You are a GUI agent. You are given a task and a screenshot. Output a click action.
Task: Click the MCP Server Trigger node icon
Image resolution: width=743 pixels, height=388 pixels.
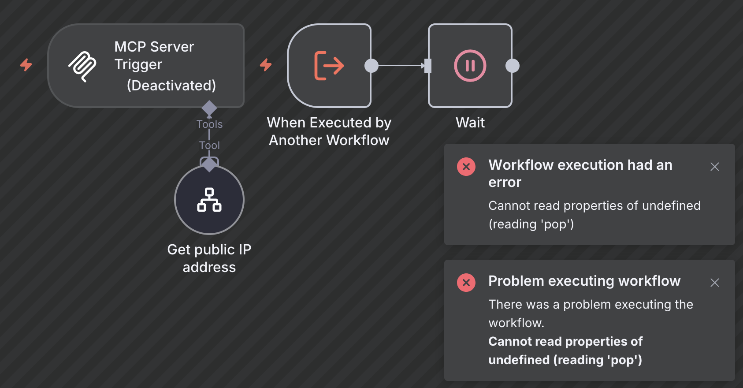tap(82, 67)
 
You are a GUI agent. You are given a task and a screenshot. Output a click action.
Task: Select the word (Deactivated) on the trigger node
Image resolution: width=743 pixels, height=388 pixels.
tap(171, 86)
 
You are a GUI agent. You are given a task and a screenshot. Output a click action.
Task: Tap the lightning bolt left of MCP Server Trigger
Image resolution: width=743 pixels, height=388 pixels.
tap(26, 65)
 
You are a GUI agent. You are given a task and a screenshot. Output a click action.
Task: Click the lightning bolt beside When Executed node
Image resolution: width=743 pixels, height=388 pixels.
tap(266, 65)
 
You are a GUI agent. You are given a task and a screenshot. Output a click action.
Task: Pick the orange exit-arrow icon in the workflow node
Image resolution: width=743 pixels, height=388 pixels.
tap(329, 66)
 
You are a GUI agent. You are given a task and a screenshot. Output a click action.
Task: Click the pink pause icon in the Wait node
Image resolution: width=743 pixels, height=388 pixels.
tap(470, 66)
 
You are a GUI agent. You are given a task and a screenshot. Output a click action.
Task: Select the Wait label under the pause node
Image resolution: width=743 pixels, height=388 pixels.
tap(470, 123)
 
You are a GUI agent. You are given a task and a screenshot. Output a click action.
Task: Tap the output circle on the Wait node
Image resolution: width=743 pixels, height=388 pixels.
tap(513, 66)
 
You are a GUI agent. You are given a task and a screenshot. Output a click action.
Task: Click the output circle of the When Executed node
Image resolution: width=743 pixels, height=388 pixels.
tap(371, 66)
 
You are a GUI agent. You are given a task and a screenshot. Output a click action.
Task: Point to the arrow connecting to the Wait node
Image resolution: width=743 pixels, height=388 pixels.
tap(401, 66)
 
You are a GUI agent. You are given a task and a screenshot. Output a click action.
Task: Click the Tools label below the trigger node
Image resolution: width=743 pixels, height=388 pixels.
tap(209, 124)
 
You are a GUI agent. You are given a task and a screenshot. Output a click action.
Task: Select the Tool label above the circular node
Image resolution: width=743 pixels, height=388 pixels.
tap(209, 145)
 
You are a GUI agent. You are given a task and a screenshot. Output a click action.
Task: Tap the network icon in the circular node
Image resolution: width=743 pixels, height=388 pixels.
tap(209, 200)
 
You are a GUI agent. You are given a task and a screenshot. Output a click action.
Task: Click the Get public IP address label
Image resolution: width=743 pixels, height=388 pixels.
tap(209, 258)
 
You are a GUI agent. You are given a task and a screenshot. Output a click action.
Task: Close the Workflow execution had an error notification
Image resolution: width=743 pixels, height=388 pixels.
tap(715, 167)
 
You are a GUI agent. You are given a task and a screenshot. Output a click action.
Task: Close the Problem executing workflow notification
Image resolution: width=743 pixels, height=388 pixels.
tap(715, 283)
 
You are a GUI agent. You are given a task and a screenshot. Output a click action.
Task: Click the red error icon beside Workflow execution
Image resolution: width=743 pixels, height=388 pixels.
tap(466, 167)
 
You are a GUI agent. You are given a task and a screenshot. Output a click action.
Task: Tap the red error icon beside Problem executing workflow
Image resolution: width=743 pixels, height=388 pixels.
tap(466, 283)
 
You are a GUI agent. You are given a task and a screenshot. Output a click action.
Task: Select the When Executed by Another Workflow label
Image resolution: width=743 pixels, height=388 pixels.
tap(329, 131)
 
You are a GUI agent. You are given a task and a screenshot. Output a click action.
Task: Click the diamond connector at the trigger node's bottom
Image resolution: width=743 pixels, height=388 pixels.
tap(209, 108)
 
